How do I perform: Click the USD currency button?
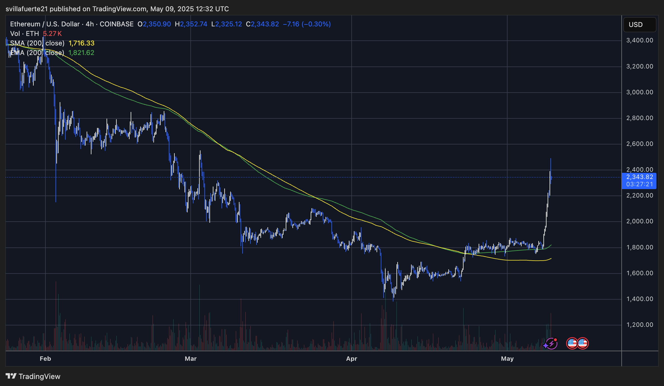tap(639, 25)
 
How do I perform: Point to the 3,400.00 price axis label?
tap(640, 40)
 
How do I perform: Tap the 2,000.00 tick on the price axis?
tap(640, 221)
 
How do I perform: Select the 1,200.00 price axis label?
tap(640, 325)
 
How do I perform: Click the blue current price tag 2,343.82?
tap(639, 177)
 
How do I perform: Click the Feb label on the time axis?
tap(45, 359)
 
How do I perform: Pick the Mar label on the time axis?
tap(191, 359)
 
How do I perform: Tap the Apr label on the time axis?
tap(352, 359)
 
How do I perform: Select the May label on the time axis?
tap(507, 359)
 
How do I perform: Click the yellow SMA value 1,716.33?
tap(81, 43)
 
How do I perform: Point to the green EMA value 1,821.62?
tap(81, 53)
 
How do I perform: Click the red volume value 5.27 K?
tap(52, 34)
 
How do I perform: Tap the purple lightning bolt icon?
tap(551, 343)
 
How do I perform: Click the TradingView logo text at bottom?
tap(39, 376)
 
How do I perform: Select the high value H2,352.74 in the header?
tap(191, 24)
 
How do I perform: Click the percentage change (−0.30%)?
tap(316, 24)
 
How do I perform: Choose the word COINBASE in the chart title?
tap(117, 24)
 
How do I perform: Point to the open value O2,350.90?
tap(154, 24)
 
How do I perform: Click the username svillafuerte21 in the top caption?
tap(27, 9)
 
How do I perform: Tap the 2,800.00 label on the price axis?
tap(640, 118)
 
